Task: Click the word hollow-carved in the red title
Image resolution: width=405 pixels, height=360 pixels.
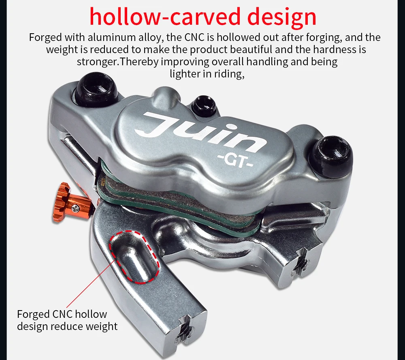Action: pos(166,17)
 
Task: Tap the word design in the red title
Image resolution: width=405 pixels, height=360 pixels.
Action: pos(282,17)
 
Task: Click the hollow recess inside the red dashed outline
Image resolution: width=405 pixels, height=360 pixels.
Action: pos(134,257)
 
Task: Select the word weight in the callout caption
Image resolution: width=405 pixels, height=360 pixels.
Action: pos(102,327)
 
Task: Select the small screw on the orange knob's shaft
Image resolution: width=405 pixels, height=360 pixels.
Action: pos(75,207)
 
